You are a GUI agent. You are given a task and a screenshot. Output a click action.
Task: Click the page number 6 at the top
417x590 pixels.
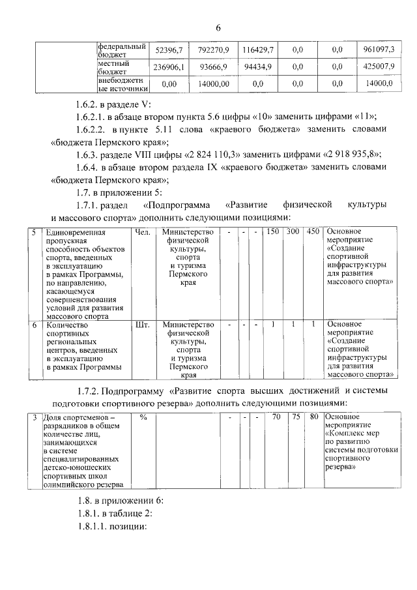tap(218, 27)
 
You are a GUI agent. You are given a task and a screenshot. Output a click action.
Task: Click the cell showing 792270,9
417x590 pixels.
tap(214, 50)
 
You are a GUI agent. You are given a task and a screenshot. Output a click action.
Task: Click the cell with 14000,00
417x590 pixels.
tap(214, 84)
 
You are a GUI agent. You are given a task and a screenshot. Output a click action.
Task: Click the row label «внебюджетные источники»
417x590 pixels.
tap(122, 83)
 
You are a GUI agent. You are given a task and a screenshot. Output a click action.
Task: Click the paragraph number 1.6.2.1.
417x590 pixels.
tap(91, 117)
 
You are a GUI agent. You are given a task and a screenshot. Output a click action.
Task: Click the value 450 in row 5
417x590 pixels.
tap(313, 231)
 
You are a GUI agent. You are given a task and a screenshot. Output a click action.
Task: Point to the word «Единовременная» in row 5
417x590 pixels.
tap(75, 232)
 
